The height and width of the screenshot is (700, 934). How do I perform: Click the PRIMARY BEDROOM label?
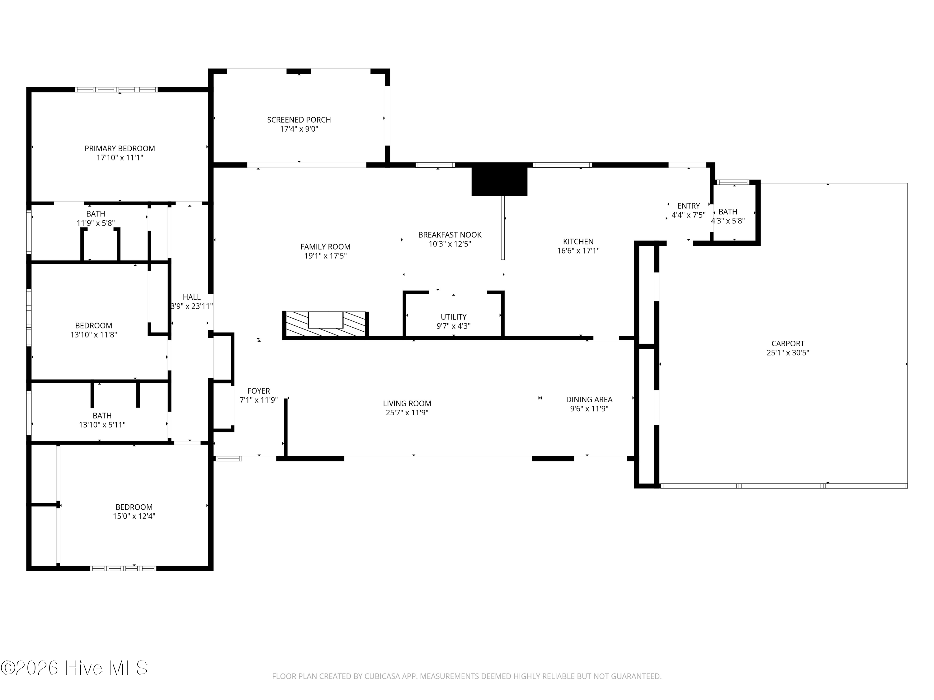click(x=120, y=148)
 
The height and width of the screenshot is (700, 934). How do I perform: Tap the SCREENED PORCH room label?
click(x=299, y=120)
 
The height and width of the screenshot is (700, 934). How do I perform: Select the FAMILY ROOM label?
click(x=325, y=247)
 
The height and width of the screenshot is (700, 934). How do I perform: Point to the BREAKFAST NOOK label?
click(x=450, y=235)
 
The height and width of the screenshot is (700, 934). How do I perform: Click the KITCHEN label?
click(x=578, y=242)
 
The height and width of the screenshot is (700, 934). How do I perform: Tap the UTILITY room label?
click(x=454, y=317)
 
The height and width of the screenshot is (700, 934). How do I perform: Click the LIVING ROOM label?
click(x=407, y=404)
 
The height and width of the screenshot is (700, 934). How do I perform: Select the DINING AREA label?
click(x=589, y=399)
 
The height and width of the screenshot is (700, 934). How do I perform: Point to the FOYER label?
click(x=258, y=391)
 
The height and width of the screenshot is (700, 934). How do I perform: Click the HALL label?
click(x=192, y=297)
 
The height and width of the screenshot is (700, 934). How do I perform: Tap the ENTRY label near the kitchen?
click(x=688, y=206)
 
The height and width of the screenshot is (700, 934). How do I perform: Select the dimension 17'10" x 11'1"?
click(x=120, y=158)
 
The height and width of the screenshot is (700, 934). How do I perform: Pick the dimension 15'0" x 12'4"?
click(x=134, y=516)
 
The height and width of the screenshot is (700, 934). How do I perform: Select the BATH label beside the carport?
click(x=728, y=212)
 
